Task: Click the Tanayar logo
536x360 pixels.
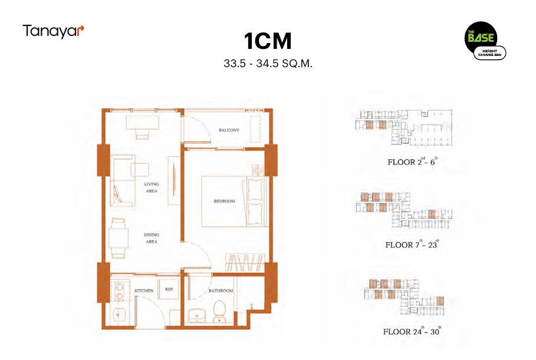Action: click(54, 31)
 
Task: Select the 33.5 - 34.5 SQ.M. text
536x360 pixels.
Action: click(268, 63)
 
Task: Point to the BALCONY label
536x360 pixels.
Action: click(228, 130)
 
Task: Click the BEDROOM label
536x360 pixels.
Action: click(224, 202)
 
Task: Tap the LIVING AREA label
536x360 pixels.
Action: click(152, 187)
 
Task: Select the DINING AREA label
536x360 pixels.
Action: click(152, 238)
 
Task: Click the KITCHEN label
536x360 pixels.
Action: click(144, 291)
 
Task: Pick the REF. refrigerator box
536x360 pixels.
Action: click(169, 290)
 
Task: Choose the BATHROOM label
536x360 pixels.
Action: click(221, 291)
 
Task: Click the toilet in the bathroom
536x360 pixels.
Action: click(220, 311)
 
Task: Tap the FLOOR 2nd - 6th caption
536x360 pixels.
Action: click(412, 161)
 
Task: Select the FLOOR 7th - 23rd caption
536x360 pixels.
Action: click(412, 244)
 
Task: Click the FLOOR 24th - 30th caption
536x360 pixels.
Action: click(412, 331)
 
